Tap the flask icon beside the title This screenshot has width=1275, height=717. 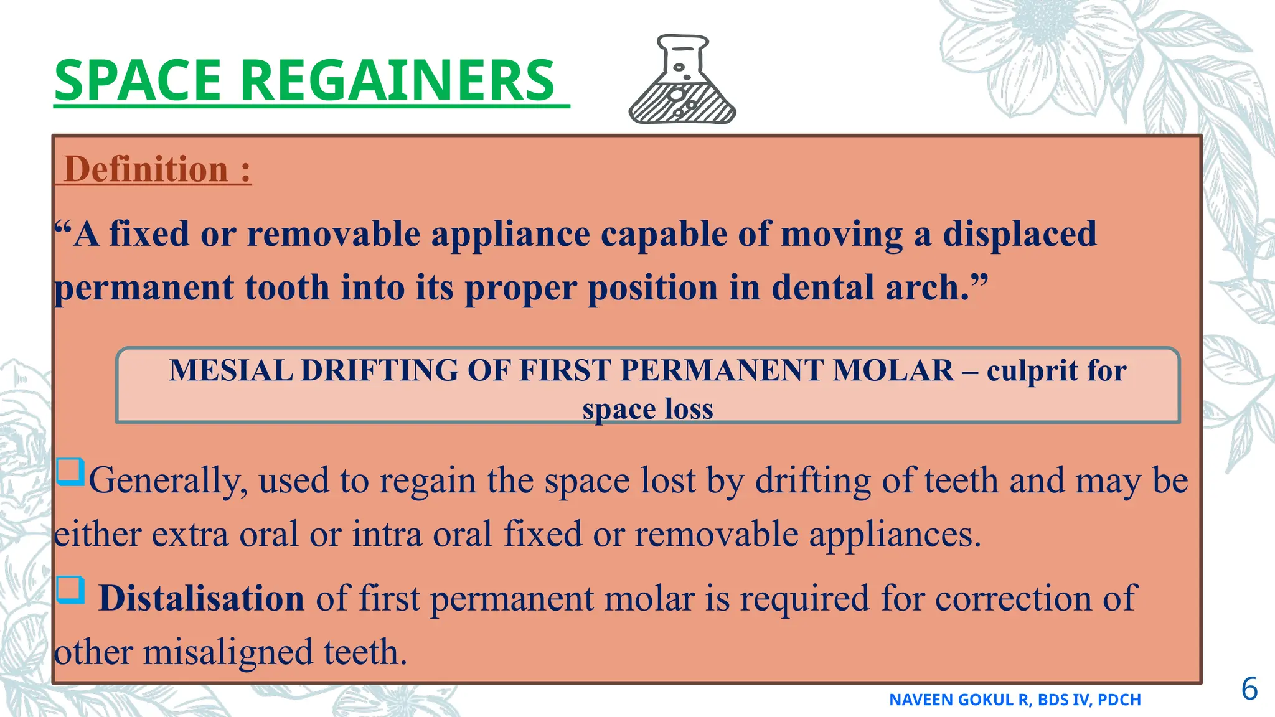pyautogui.click(x=683, y=80)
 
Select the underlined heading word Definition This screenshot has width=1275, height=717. pyautogui.click(x=147, y=169)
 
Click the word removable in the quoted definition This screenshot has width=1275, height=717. pyautogui.click(x=334, y=234)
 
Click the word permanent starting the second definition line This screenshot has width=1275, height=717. pyautogui.click(x=144, y=288)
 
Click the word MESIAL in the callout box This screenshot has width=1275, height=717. pyautogui.click(x=231, y=370)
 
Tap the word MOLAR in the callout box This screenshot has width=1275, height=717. pyautogui.click(x=893, y=370)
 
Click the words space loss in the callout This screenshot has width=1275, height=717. pyautogui.click(x=647, y=409)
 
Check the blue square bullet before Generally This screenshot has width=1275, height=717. pyautogui.click(x=70, y=472)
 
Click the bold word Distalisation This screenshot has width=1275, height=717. pyautogui.click(x=201, y=598)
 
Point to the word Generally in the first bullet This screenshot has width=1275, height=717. pyautogui.click(x=168, y=480)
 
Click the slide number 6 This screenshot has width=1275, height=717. pyautogui.click(x=1249, y=689)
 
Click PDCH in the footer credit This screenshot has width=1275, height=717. pyautogui.click(x=1119, y=700)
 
